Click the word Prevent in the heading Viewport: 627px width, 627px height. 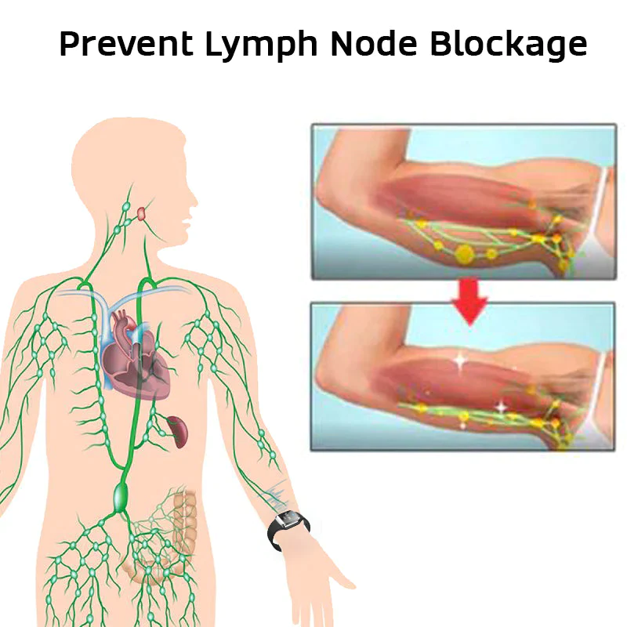point(126,43)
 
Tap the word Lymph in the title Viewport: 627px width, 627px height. point(262,45)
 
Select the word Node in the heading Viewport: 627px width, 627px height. point(374,43)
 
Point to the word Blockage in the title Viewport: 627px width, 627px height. point(509,45)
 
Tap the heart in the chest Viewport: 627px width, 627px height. point(136,356)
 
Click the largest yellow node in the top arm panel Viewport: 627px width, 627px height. point(464,254)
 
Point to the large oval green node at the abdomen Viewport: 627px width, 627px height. point(121,497)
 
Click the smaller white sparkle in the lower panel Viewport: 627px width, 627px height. point(501,407)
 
